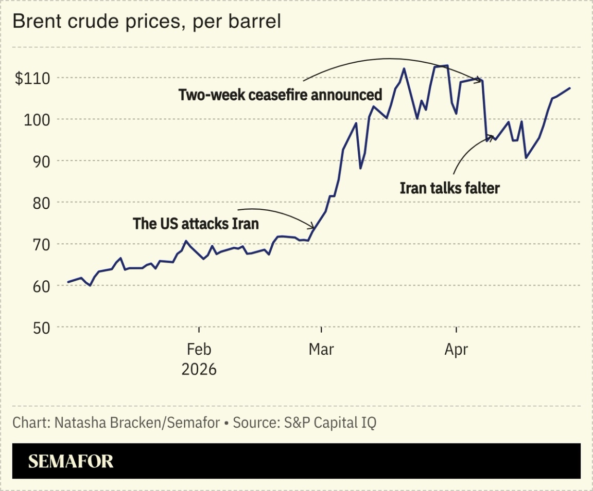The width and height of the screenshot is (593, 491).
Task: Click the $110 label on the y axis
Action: click(32, 79)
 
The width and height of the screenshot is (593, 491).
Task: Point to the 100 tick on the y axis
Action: click(38, 120)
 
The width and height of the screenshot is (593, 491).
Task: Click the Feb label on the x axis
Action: click(199, 350)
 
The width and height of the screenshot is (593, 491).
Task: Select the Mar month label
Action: click(321, 350)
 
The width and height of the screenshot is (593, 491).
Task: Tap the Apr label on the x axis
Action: click(456, 350)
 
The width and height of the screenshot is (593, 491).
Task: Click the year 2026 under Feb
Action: click(199, 369)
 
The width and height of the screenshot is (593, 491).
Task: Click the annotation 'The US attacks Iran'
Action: click(196, 224)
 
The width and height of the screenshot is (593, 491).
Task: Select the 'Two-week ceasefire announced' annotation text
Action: click(280, 95)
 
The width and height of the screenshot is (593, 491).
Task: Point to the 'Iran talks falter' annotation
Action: click(449, 188)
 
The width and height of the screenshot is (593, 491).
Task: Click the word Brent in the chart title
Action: click(32, 22)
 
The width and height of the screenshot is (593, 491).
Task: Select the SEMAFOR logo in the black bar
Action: click(71, 461)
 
